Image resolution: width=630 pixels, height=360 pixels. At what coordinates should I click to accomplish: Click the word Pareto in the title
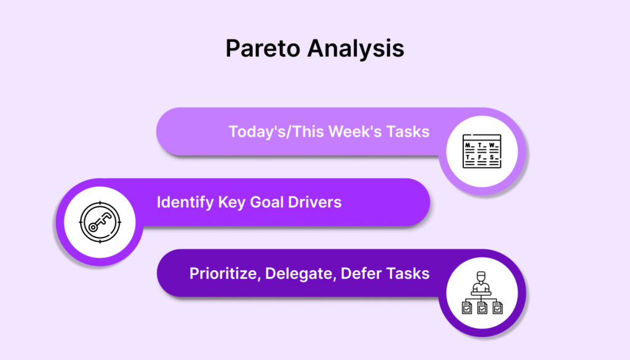(x=263, y=48)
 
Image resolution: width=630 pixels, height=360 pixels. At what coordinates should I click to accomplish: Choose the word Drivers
(x=314, y=202)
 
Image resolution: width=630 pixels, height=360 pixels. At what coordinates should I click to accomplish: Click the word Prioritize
(x=225, y=274)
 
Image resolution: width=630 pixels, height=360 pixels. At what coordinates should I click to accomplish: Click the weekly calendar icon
(x=482, y=151)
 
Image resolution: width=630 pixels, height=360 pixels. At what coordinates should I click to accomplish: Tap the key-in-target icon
(x=100, y=222)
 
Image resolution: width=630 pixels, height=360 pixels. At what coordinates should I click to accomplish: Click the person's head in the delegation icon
(x=481, y=277)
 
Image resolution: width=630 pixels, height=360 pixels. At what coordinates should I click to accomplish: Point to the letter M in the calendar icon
(x=468, y=145)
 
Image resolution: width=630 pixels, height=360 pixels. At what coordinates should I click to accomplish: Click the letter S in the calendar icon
(x=492, y=158)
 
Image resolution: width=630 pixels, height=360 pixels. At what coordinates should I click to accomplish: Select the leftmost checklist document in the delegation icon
(x=467, y=308)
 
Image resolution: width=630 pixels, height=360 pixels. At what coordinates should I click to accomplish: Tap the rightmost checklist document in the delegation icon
(x=497, y=308)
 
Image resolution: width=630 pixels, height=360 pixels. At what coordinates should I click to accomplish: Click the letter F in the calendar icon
(x=480, y=158)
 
